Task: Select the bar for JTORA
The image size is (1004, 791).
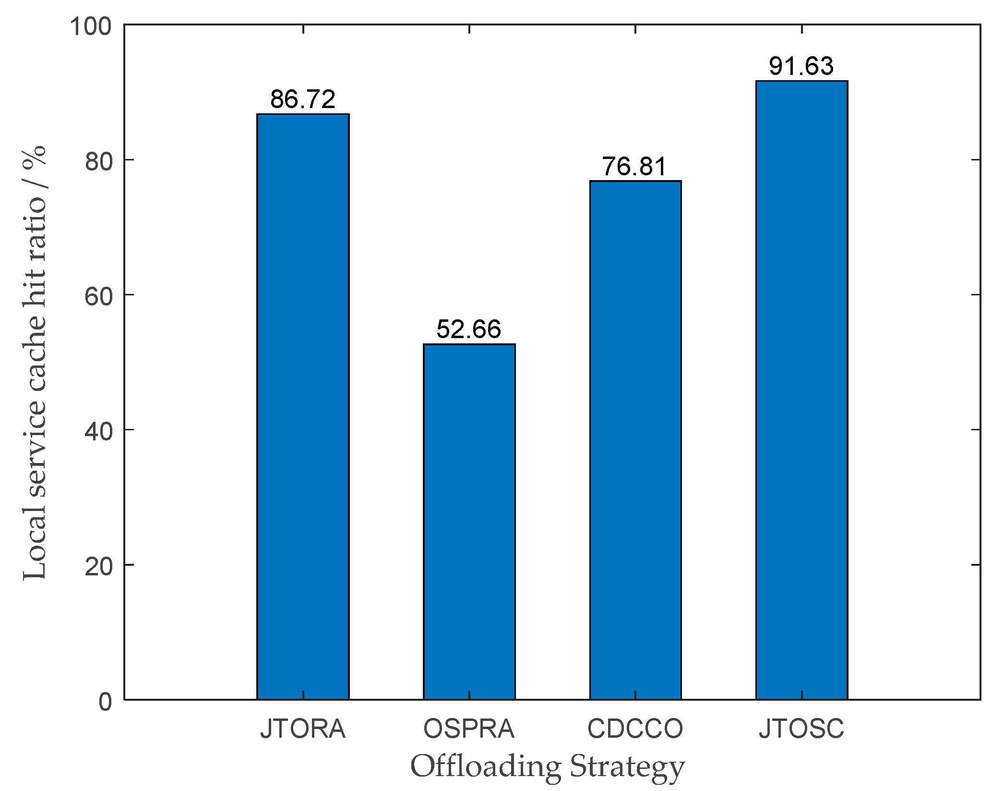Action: [x=303, y=406]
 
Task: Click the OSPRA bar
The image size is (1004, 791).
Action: [x=469, y=522]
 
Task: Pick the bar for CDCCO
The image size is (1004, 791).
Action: [x=635, y=440]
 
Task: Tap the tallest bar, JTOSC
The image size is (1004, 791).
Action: [x=801, y=390]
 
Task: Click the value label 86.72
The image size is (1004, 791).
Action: [x=303, y=99]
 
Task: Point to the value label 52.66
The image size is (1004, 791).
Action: [x=469, y=329]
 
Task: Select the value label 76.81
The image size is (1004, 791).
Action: [x=634, y=167]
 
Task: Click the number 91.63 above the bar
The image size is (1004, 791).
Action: [x=801, y=66]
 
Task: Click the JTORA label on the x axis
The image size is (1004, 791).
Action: [x=303, y=729]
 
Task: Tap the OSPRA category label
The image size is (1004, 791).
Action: [x=469, y=729]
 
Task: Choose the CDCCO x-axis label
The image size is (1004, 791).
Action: [x=635, y=729]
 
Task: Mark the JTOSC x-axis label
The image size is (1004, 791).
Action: [x=801, y=729]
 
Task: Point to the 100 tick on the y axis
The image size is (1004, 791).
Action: [x=91, y=26]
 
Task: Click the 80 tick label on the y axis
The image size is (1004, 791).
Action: [x=98, y=162]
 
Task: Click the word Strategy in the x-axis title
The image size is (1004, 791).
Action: [x=627, y=767]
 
